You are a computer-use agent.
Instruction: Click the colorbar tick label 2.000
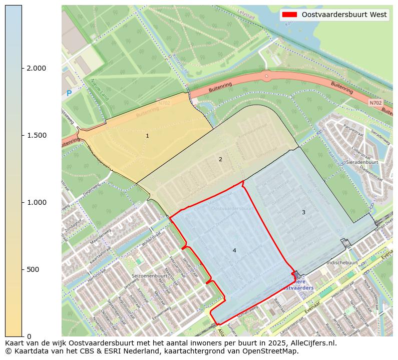pyautogui.click(x=37, y=68)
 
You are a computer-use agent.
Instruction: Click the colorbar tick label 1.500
pyautogui.click(x=37, y=135)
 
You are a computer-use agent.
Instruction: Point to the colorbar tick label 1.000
pyautogui.click(x=37, y=202)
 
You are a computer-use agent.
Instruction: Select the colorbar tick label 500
pyautogui.click(x=33, y=269)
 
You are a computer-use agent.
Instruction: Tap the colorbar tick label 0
pyautogui.click(x=29, y=336)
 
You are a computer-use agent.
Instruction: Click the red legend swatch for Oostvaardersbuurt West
pyautogui.click(x=290, y=15)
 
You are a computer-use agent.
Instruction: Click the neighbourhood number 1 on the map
pyautogui.click(x=147, y=136)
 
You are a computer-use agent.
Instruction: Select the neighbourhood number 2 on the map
pyautogui.click(x=220, y=159)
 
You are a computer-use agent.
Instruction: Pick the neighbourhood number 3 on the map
pyautogui.click(x=303, y=212)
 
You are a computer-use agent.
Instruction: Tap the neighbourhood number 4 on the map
pyautogui.click(x=234, y=250)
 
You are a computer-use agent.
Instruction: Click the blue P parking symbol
pyautogui.click(x=69, y=93)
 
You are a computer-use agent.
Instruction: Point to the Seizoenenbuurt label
pyautogui.click(x=149, y=276)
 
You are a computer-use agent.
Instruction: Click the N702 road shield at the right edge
pyautogui.click(x=375, y=103)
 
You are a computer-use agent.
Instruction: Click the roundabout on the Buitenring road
pyautogui.click(x=266, y=76)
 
